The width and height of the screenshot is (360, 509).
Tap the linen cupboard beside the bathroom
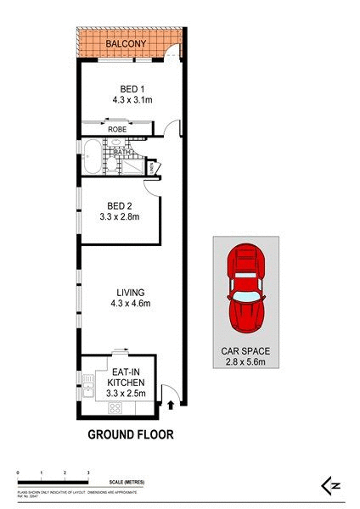pos(151,168)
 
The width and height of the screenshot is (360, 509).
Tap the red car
pos(245,289)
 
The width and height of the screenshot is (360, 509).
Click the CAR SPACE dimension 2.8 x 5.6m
pos(244,364)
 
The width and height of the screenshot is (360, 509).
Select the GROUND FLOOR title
pos(132,435)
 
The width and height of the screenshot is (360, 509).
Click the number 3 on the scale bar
pos(88,471)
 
